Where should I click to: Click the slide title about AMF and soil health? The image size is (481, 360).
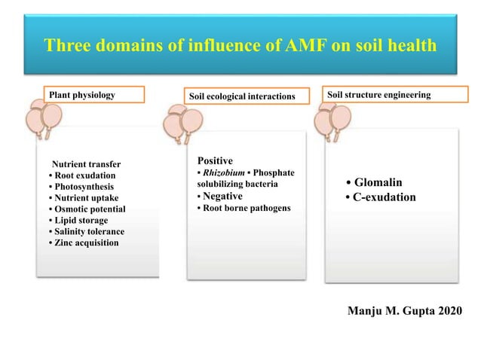[x=240, y=46]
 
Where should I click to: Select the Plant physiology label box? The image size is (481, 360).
[x=94, y=96]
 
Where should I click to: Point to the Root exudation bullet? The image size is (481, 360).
[x=81, y=175]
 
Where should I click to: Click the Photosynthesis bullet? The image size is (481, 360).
[x=81, y=187]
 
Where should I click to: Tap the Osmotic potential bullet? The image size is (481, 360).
[x=87, y=209]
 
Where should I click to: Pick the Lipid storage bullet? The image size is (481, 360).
[x=78, y=221]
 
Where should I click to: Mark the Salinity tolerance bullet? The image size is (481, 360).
[x=86, y=232]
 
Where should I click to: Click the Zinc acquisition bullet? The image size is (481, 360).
[x=83, y=243]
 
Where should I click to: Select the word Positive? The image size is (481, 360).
[x=216, y=161]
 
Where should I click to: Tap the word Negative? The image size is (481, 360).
[x=222, y=196]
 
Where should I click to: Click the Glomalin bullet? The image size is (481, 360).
[x=374, y=183]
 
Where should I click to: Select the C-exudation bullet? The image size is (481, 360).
[x=380, y=197]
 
